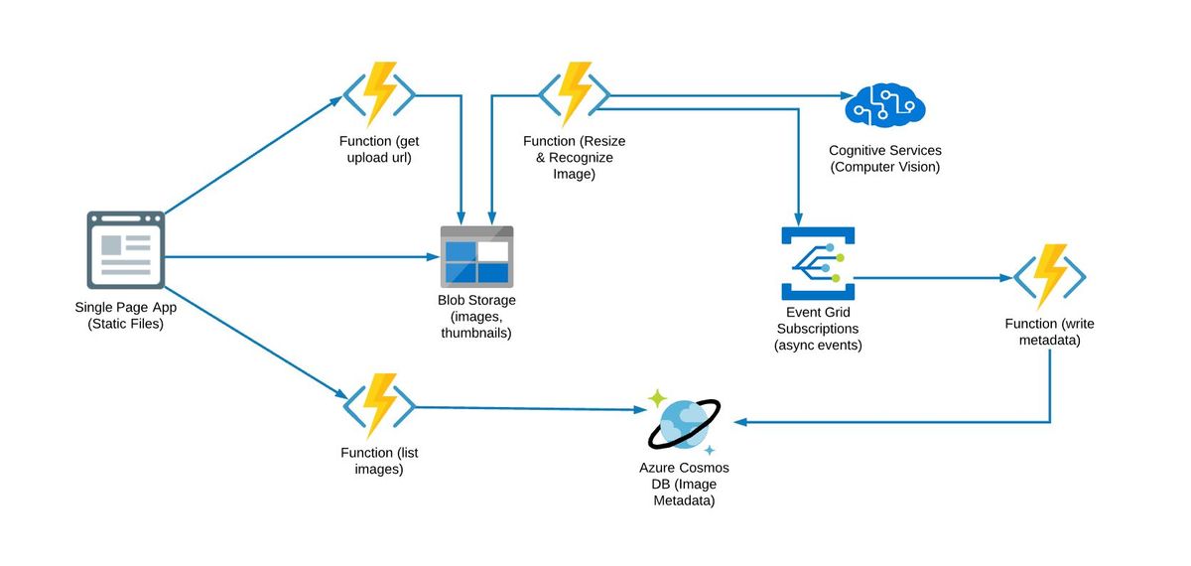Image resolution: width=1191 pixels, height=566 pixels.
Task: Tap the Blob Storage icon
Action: [x=476, y=256]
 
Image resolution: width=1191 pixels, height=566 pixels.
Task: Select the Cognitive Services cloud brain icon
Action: [x=884, y=105]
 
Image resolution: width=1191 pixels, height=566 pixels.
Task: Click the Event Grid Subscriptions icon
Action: [x=818, y=263]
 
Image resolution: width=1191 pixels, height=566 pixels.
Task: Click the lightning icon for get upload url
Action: [x=379, y=95]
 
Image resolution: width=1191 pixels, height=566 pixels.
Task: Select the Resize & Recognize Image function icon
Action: [x=574, y=95]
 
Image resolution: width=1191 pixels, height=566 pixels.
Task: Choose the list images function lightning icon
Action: [x=379, y=406]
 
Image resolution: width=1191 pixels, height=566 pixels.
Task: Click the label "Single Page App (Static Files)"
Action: [x=125, y=315]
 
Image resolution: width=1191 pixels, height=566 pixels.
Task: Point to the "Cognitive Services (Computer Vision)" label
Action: [x=884, y=159]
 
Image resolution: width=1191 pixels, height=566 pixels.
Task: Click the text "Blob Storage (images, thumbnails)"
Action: [x=476, y=317]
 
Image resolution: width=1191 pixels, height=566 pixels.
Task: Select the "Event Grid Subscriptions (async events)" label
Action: [x=818, y=329]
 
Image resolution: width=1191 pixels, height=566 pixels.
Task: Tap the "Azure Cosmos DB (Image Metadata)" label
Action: [x=684, y=485]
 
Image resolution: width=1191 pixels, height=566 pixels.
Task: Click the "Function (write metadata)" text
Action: [x=1049, y=333]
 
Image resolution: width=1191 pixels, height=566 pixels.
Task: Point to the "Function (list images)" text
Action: [x=379, y=461]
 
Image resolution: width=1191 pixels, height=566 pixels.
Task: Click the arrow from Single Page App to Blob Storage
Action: [x=298, y=257]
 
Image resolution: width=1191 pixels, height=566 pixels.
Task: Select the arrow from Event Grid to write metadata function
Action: [x=933, y=279]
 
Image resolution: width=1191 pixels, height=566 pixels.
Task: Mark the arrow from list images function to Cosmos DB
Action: [x=526, y=408]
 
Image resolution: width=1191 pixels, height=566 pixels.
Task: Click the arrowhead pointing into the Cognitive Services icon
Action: [x=836, y=96]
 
